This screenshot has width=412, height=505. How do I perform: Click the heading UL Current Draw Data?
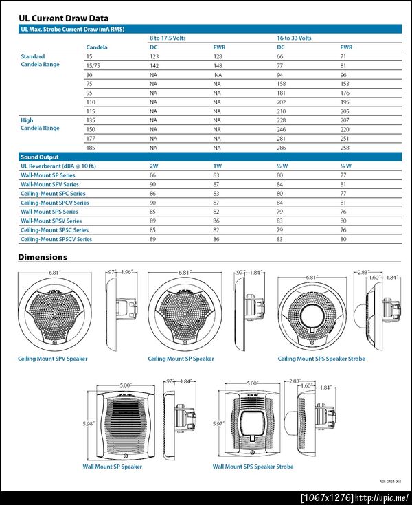click(x=63, y=18)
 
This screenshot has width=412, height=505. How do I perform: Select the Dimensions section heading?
click(x=43, y=257)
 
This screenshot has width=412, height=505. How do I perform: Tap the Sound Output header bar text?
click(x=40, y=157)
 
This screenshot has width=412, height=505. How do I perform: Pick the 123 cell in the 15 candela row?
click(x=154, y=56)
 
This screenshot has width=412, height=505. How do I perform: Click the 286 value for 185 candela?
click(x=281, y=147)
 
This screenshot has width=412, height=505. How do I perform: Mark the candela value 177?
click(x=90, y=137)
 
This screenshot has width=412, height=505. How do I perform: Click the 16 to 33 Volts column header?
click(x=294, y=38)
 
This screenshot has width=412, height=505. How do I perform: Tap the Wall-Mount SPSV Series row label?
click(x=51, y=221)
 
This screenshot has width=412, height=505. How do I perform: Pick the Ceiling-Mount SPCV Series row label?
click(x=54, y=203)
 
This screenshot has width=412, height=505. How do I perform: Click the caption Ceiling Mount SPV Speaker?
click(x=52, y=359)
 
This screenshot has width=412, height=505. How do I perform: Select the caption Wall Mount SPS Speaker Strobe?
click(x=253, y=467)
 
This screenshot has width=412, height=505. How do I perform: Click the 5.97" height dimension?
click(x=218, y=423)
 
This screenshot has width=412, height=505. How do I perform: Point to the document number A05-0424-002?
click(x=389, y=482)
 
